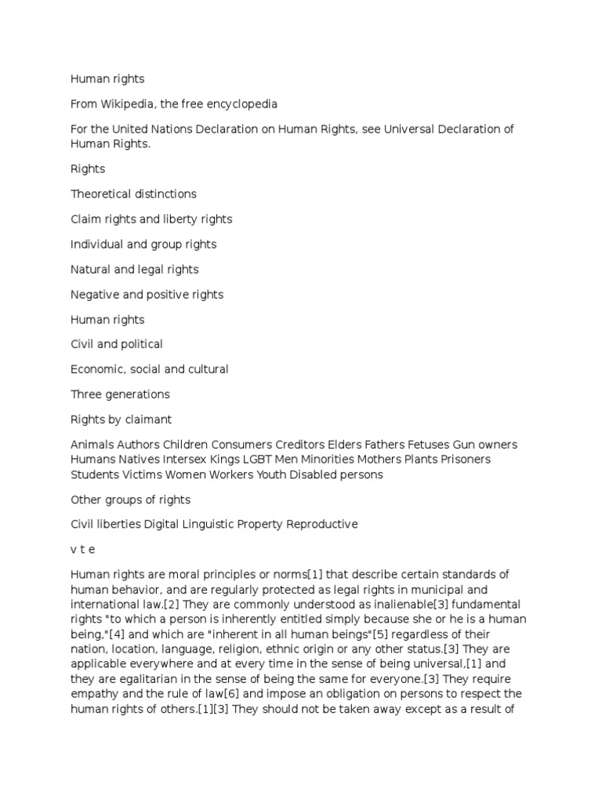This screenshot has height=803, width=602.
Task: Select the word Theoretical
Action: click(105, 194)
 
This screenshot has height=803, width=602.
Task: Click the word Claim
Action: click(86, 219)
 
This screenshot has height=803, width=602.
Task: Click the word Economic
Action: click(99, 369)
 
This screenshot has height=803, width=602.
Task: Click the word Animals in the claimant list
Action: click(92, 445)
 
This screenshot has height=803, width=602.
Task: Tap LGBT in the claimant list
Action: click(261, 459)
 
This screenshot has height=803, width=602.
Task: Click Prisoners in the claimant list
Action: click(466, 459)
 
